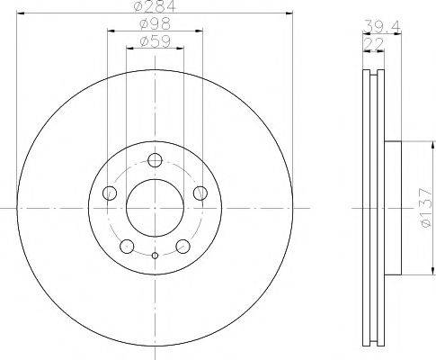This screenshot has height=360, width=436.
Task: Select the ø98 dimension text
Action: pos(156,25)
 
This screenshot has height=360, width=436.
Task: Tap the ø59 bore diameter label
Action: pos(156,42)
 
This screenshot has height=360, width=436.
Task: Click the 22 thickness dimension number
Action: pos(369,42)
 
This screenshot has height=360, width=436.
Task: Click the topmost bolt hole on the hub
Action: pos(155,160)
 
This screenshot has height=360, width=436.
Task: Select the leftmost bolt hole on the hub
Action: pos(111,192)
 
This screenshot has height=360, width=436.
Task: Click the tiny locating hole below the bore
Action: pos(155,256)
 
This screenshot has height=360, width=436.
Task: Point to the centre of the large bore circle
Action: pos(155,207)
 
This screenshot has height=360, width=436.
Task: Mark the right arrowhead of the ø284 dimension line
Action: pos(289,13)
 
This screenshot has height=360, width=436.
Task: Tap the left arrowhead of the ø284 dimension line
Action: pos(21,13)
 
